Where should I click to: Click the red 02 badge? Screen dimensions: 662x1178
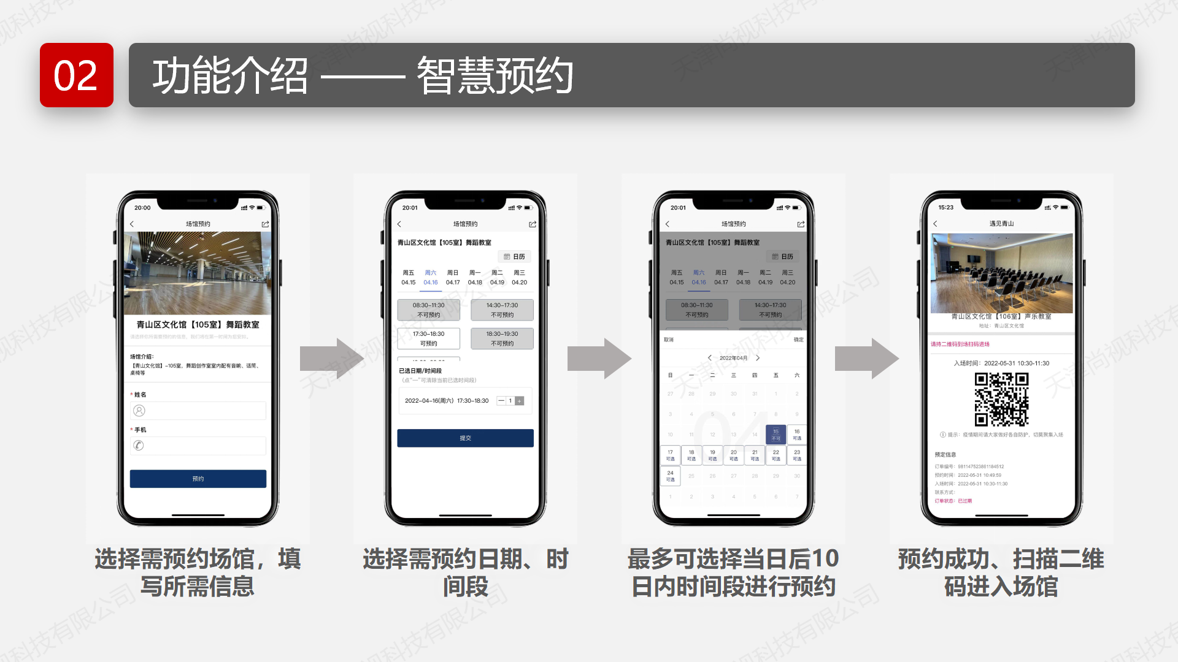(x=77, y=75)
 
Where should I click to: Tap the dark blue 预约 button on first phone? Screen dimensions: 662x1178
(x=198, y=479)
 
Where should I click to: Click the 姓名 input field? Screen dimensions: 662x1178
(x=198, y=411)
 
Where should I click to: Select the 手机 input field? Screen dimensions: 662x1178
(x=198, y=446)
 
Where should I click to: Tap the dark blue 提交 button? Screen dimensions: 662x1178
(x=465, y=438)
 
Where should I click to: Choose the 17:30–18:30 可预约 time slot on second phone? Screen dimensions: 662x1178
(x=428, y=338)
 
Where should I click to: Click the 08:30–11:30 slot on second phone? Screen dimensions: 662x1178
(x=428, y=310)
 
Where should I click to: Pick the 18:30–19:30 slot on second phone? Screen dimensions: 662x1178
(x=502, y=338)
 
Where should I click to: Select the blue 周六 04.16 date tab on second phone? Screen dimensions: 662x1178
(x=431, y=278)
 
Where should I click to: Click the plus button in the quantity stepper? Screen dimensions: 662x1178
(x=520, y=401)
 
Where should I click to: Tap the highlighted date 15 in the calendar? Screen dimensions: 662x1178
(x=776, y=435)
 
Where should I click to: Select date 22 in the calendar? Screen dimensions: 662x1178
(x=776, y=455)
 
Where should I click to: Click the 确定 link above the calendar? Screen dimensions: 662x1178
(x=798, y=340)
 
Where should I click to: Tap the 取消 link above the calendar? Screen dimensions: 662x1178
(x=669, y=340)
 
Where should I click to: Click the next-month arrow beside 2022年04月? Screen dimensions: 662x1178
(x=758, y=358)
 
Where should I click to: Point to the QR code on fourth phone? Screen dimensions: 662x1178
(x=1001, y=399)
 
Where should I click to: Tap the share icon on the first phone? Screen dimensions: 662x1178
(x=265, y=224)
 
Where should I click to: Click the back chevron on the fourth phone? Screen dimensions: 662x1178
(x=935, y=224)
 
